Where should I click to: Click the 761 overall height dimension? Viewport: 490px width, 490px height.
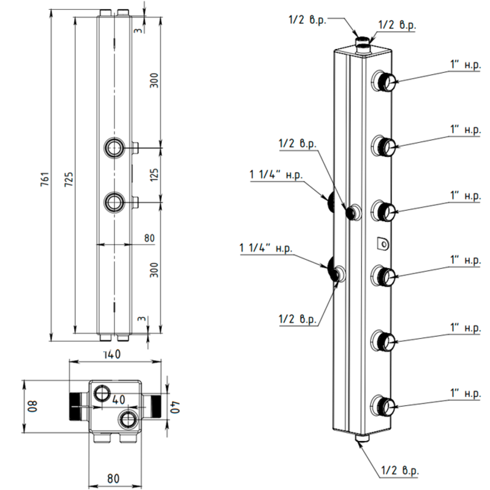point(43,178)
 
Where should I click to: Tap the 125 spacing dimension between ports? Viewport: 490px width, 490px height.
point(154,175)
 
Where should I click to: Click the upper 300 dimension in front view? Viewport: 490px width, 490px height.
point(154,80)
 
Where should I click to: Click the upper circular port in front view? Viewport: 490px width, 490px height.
point(114,148)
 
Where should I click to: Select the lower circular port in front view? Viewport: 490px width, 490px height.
point(114,200)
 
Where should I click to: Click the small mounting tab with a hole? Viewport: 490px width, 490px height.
point(383,244)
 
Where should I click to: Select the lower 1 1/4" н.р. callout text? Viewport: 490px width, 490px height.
point(267,249)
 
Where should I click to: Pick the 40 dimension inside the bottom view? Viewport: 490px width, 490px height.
point(118,399)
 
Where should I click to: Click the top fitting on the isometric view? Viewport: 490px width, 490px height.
point(363,42)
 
